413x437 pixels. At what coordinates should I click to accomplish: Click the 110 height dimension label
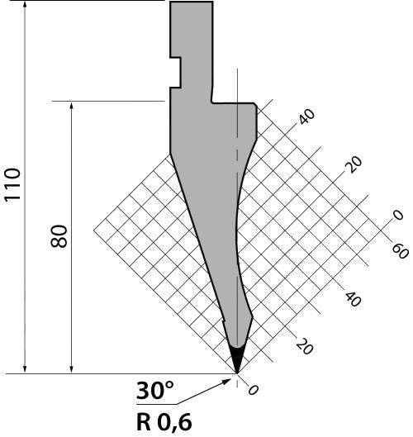pos(12,184)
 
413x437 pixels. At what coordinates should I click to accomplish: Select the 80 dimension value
pos(59,236)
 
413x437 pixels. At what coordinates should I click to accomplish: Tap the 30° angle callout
pos(155,391)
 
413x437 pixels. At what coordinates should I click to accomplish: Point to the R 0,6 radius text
pos(164,421)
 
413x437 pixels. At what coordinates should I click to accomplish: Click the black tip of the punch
pos(237,359)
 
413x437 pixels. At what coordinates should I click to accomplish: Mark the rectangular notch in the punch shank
pos(176,73)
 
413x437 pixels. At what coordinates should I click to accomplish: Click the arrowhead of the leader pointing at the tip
pos(227,382)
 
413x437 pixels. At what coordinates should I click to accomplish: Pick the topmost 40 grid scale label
pos(307,116)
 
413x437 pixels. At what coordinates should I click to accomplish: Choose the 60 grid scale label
pos(401,251)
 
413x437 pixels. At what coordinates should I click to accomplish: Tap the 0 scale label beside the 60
pos(398,215)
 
